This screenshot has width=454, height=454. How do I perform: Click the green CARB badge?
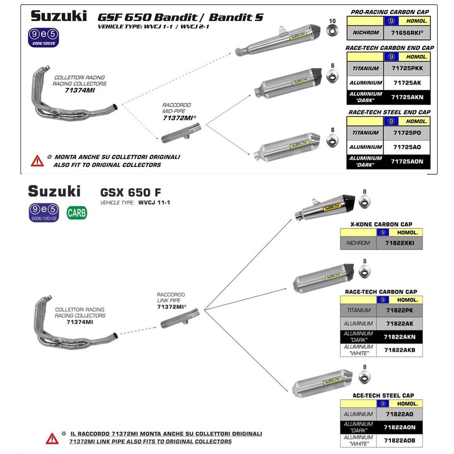pyautogui.click(x=76, y=212)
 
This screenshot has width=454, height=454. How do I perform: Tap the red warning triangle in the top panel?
pyautogui.click(x=37, y=161)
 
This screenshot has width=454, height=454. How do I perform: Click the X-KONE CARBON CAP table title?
pyautogui.click(x=381, y=224)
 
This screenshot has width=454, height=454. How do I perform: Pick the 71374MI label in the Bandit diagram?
pyautogui.click(x=79, y=90)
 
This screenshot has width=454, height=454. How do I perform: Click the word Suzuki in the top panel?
pyautogui.click(x=58, y=16)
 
